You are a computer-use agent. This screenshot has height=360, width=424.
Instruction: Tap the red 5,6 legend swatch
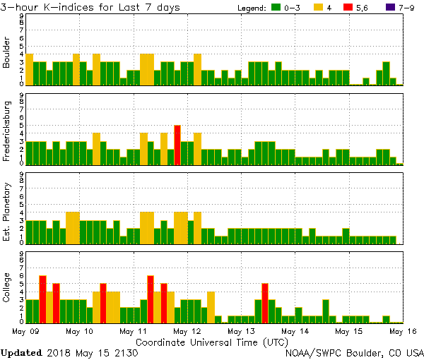[346, 7]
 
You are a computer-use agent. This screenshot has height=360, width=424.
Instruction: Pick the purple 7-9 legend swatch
[381, 7]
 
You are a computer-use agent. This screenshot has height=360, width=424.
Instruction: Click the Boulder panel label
[7, 53]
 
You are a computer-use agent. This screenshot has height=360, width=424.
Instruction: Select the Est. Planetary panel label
[7, 212]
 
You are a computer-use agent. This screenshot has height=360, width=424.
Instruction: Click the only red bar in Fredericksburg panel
[177, 144]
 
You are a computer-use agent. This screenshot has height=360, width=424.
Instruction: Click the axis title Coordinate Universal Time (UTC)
[211, 341]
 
